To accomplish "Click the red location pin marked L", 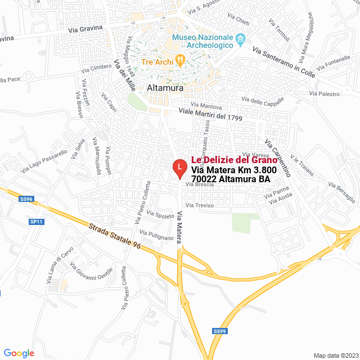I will [179, 168].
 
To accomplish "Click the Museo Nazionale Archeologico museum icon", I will [241, 40].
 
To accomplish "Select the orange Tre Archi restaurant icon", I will [180, 58].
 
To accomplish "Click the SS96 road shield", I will [26, 199].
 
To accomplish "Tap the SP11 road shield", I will [37, 222].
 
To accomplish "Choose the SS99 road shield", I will [220, 331].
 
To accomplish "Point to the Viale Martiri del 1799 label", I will [210, 115].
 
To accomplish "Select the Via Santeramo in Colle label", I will [284, 62].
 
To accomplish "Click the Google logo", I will [19, 353].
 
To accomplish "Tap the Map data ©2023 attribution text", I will [335, 355].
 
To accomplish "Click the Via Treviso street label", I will [204, 206].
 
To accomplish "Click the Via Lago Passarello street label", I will [46, 159].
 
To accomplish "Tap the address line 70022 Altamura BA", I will [231, 179].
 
